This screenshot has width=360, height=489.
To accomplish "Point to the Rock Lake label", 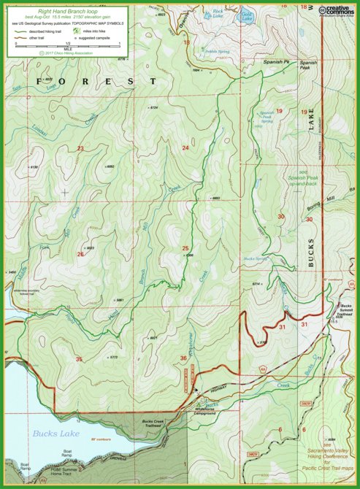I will [218, 12].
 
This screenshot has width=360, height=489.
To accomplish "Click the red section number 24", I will [185, 148].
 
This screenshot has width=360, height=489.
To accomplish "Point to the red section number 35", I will [79, 358].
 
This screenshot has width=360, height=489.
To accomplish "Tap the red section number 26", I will [80, 255].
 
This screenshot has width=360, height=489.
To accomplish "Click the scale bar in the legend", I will [67, 45].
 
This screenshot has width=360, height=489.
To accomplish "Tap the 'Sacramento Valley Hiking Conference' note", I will [326, 453].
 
